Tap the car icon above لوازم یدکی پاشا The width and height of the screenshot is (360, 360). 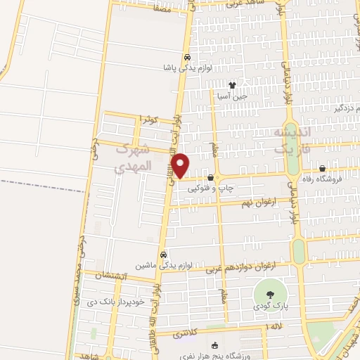[x=186, y=58]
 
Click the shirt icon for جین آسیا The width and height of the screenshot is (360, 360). [x=231, y=85]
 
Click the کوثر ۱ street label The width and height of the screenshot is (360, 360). [x=150, y=120]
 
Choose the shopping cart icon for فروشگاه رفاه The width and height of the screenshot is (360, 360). [x=322, y=169]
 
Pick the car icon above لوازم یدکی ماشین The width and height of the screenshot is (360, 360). [x=163, y=255]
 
